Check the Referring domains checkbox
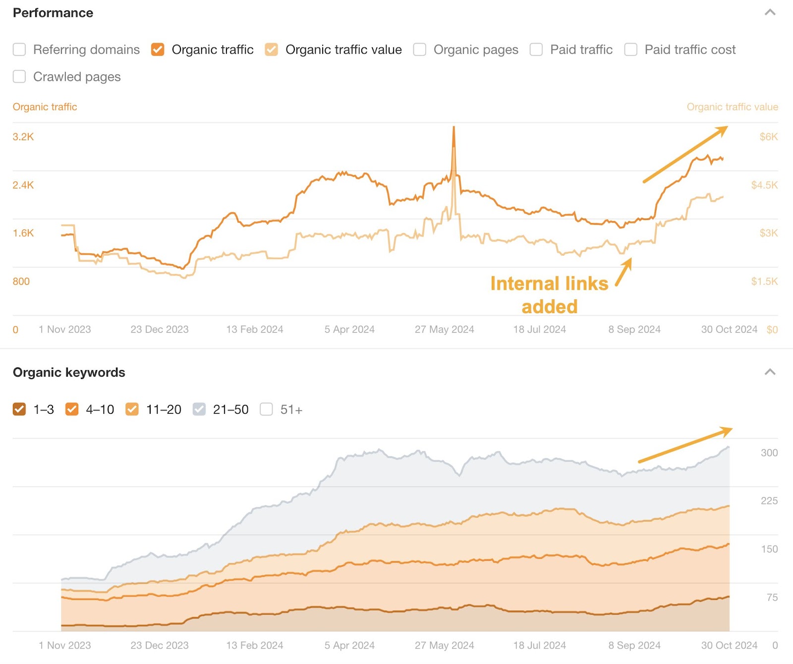click(x=19, y=50)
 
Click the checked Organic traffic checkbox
click(x=158, y=50)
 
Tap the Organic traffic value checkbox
click(x=271, y=50)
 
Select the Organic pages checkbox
click(x=420, y=50)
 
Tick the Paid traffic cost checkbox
click(x=630, y=50)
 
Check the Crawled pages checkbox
click(x=19, y=77)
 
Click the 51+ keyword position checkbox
click(x=266, y=409)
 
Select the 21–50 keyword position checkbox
click(x=199, y=409)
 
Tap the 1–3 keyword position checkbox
click(x=19, y=409)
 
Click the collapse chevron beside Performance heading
click(x=770, y=12)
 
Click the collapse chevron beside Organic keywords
click(x=770, y=372)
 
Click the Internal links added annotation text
click(x=549, y=295)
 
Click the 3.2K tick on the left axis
click(x=23, y=137)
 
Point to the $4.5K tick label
click(x=764, y=185)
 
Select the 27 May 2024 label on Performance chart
click(x=444, y=330)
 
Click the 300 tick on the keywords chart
click(x=769, y=453)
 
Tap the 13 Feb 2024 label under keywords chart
click(x=254, y=646)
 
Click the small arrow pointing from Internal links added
click(x=624, y=272)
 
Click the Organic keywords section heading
click(x=69, y=373)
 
